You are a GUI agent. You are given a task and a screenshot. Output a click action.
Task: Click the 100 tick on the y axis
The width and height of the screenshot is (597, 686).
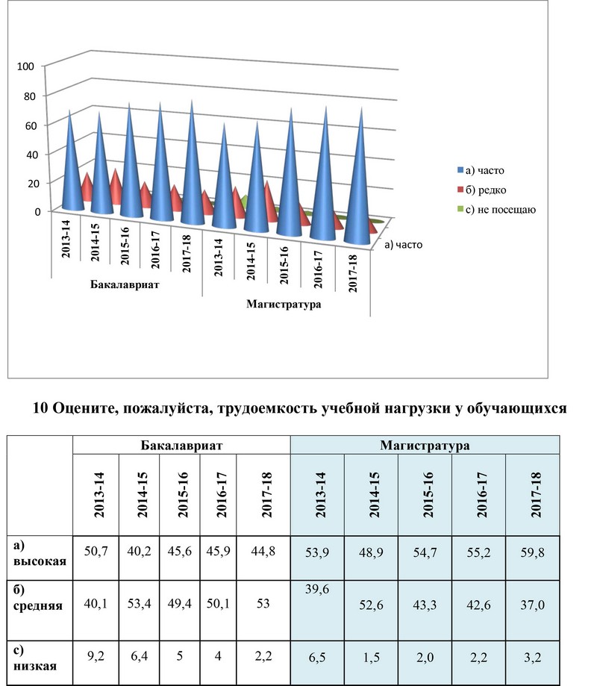point(25,66)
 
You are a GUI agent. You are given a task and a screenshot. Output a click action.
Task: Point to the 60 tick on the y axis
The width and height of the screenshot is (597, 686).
point(31,126)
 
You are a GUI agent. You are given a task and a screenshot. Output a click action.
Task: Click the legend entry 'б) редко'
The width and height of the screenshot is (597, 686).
point(481,190)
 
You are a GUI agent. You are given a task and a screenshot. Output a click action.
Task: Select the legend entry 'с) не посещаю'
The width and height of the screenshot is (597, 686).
point(496,210)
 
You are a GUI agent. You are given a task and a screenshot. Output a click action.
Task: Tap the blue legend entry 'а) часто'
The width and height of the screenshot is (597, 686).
point(481,170)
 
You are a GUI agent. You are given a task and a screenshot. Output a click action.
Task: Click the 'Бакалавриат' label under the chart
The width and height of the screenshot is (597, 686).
point(125,284)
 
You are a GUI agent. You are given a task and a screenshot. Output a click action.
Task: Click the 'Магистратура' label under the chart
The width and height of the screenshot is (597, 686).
point(284,304)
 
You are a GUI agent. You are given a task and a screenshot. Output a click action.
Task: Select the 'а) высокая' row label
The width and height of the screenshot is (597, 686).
point(40,553)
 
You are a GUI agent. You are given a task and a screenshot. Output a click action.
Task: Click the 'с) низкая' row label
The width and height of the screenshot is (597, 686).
point(35,658)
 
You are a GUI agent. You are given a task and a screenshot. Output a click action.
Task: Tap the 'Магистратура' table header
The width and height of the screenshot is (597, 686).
point(425,446)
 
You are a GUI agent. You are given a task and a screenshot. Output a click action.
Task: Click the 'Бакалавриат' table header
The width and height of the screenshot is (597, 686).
point(181,446)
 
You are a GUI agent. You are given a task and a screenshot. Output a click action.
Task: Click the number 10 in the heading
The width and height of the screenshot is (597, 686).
point(40,408)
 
